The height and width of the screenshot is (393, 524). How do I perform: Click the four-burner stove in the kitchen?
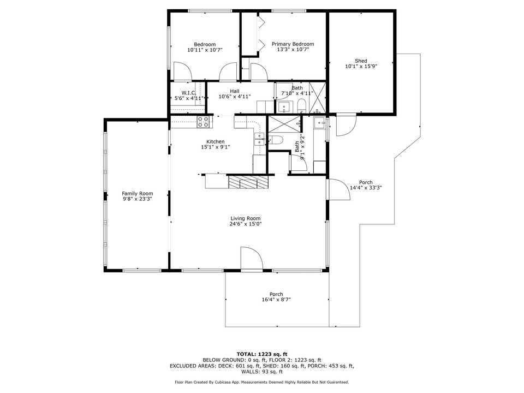pyautogui.click(x=204, y=122)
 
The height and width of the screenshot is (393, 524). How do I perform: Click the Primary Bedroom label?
pyautogui.click(x=293, y=44)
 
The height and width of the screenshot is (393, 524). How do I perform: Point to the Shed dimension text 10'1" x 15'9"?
pyautogui.click(x=361, y=66)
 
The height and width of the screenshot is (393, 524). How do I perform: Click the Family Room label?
pyautogui.click(x=137, y=193)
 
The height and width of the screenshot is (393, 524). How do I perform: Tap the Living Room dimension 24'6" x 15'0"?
pyautogui.click(x=246, y=224)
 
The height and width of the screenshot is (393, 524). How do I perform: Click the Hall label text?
pyautogui.click(x=234, y=91)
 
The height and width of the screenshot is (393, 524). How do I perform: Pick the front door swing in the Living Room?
pyautogui.click(x=251, y=258)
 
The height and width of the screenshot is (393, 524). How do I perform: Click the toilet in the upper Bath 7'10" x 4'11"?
pyautogui.click(x=301, y=105)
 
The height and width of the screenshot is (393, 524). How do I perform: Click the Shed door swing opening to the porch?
pyautogui.click(x=345, y=126)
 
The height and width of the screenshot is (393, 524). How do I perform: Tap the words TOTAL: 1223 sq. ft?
pyautogui.click(x=261, y=354)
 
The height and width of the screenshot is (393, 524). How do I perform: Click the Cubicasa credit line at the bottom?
pyautogui.click(x=261, y=382)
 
